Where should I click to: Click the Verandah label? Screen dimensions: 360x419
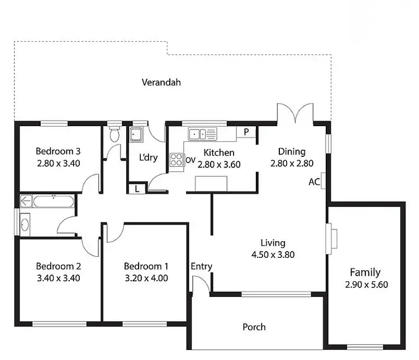(161, 83)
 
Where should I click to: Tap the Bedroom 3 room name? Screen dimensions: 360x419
(59, 151)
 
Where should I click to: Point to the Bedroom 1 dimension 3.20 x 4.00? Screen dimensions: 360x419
(146, 277)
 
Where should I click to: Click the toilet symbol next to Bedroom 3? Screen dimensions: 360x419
(115, 134)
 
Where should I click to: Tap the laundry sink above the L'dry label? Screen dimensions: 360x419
(136, 135)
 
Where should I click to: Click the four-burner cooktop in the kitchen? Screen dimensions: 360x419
(177, 160)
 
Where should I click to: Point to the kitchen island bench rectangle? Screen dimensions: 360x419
(211, 183)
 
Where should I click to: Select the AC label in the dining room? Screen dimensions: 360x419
(313, 182)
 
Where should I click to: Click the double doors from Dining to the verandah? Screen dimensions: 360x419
(295, 113)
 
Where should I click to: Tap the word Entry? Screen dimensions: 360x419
(201, 267)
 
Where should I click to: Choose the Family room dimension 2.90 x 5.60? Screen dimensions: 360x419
(365, 284)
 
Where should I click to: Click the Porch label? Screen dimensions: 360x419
(254, 327)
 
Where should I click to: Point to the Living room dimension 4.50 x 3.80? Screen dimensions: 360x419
(273, 255)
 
